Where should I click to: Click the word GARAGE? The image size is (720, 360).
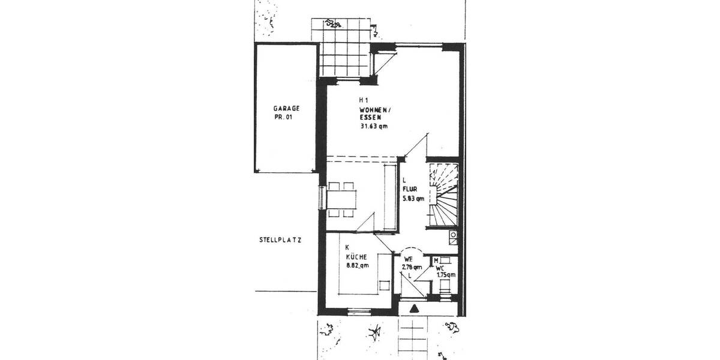pos(286,109)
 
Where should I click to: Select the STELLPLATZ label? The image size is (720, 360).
pos(280,240)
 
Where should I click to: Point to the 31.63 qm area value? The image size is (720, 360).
pos(374,127)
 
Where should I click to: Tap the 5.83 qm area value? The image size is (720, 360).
pos(413,198)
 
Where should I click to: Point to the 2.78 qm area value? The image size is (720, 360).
pos(412,267)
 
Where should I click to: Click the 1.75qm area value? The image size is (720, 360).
pos(445,275)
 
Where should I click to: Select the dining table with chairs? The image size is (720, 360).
pos(342,199)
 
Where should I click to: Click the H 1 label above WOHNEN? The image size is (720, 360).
pos(363,100)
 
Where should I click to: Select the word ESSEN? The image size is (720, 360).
pos(370,118)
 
